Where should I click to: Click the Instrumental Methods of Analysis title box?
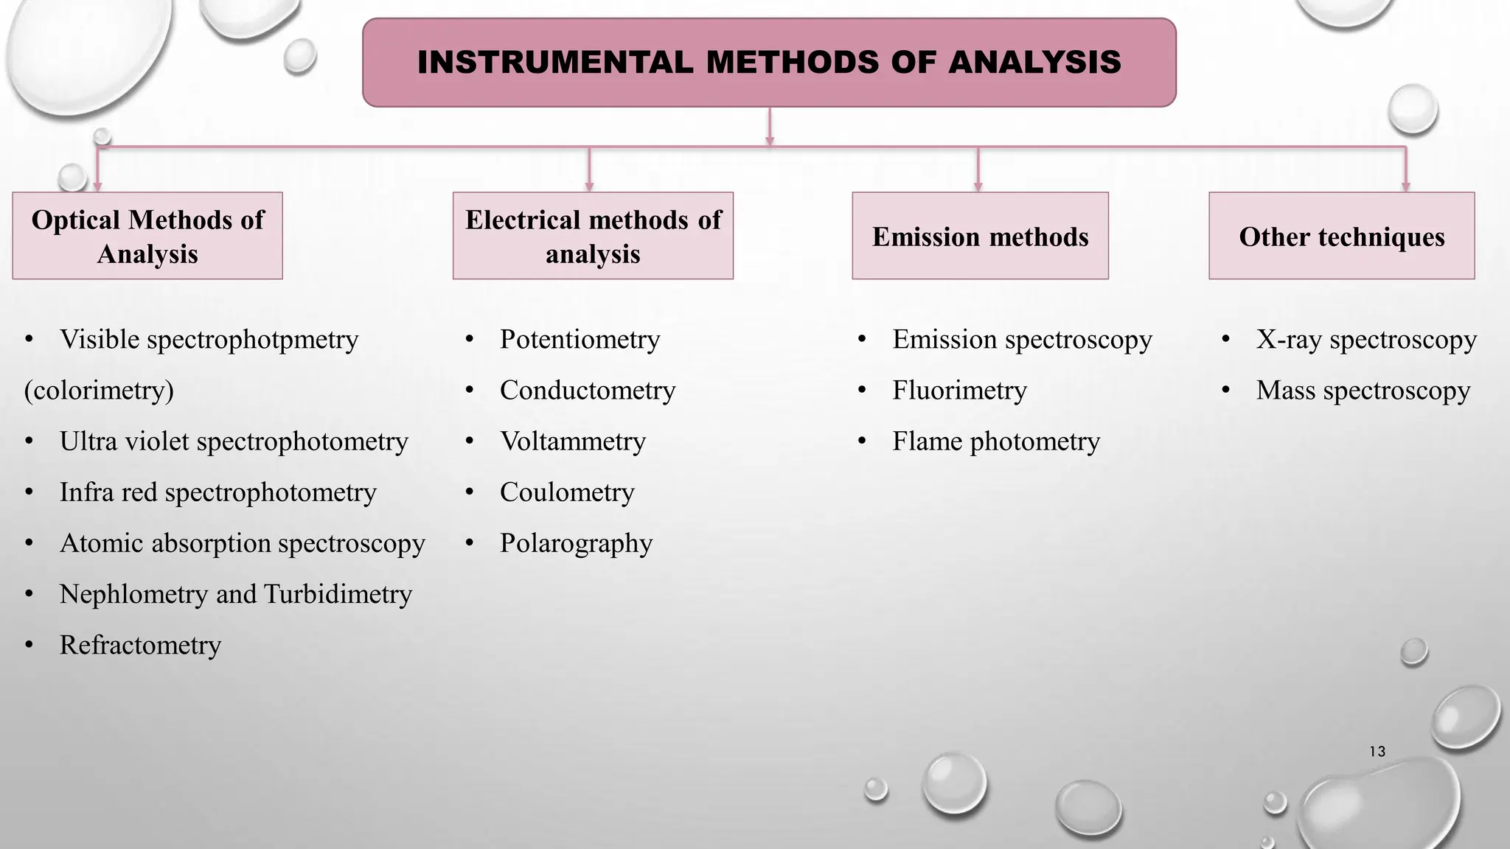[x=769, y=63]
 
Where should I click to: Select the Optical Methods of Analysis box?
[x=147, y=236]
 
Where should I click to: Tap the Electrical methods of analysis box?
[x=593, y=236]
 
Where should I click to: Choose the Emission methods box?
[x=980, y=236]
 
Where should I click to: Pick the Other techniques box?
[x=1341, y=236]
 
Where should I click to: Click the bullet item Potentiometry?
[x=580, y=340]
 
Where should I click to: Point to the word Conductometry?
[x=588, y=391]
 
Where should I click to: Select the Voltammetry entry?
[x=573, y=441]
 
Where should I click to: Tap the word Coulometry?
[x=567, y=492]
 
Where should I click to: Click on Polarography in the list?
[x=576, y=543]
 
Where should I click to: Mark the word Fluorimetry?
[x=959, y=391]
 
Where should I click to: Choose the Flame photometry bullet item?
[x=995, y=441]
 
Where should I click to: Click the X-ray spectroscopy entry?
[x=1366, y=340]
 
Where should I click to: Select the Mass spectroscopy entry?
[x=1363, y=391]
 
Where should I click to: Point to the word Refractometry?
[x=140, y=646]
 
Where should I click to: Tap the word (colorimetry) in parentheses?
[x=99, y=391]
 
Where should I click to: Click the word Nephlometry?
[x=133, y=594]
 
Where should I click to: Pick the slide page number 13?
[x=1377, y=752]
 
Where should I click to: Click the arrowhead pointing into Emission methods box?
[x=978, y=186]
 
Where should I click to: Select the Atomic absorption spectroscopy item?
[x=242, y=543]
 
